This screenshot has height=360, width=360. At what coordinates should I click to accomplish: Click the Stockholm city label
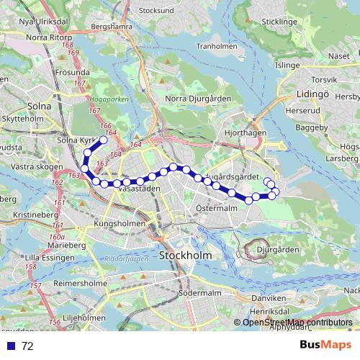(x=179, y=256)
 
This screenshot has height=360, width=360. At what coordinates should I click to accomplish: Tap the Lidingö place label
(x=312, y=94)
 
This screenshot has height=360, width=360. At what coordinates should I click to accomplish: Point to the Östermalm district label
(x=216, y=208)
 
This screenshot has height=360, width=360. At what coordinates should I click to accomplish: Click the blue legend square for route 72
(x=11, y=346)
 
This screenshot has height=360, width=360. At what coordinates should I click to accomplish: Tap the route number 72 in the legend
(x=27, y=346)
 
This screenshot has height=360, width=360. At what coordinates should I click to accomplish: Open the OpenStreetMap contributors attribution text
(x=297, y=322)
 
